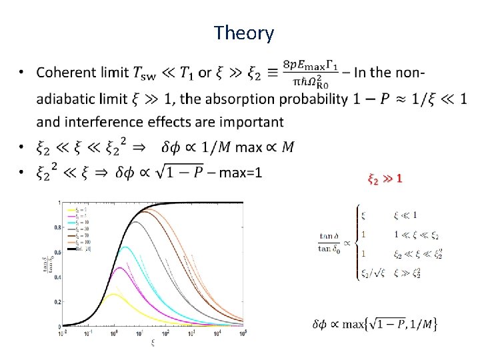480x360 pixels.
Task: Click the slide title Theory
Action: (244, 33)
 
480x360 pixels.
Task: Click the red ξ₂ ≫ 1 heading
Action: (385, 179)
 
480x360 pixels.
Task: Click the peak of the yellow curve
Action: (114, 295)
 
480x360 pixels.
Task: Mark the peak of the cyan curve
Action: (125, 247)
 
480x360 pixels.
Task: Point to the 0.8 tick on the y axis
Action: (59, 227)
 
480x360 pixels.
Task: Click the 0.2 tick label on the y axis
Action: (59, 301)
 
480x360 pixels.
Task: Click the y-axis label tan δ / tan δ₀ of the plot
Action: (47, 264)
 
